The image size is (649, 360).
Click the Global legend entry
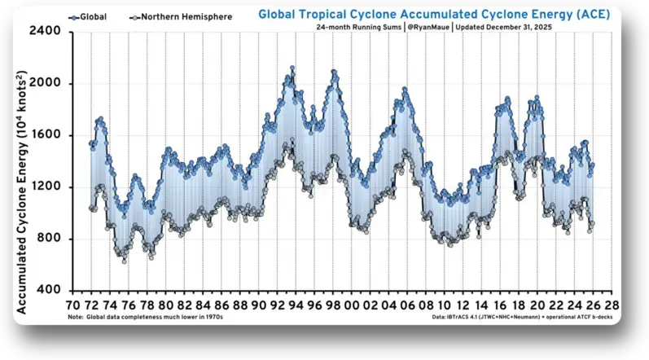pyautogui.click(x=89, y=16)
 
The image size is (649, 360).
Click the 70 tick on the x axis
pyautogui.click(x=73, y=303)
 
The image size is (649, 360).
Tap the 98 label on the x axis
pyautogui.click(x=333, y=303)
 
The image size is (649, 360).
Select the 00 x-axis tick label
pyautogui.click(x=352, y=303)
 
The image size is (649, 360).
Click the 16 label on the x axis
pyautogui.click(x=500, y=303)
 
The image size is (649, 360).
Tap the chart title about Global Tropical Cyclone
pyautogui.click(x=432, y=14)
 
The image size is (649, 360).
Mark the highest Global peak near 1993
pyautogui.click(x=292, y=68)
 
